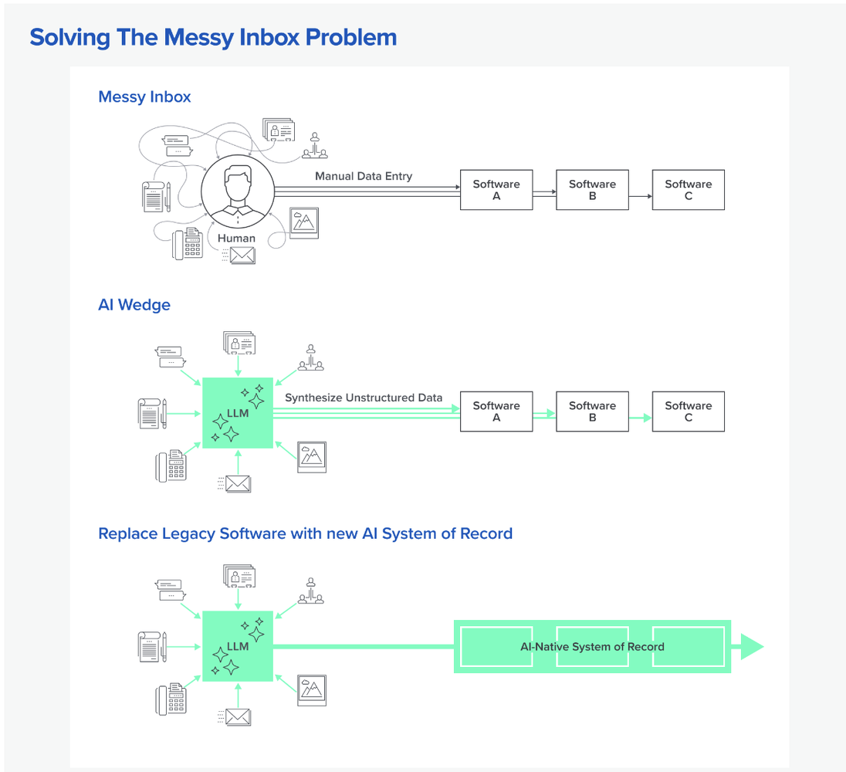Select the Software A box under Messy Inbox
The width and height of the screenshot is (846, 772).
[x=496, y=190]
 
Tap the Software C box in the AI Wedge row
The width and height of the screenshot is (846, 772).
[x=689, y=411]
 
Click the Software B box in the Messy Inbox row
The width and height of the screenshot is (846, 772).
[x=592, y=190]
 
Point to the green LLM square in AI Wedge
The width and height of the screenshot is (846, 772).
[x=238, y=413]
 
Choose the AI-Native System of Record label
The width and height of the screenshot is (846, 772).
[x=592, y=646]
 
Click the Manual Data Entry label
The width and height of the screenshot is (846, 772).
[x=364, y=176]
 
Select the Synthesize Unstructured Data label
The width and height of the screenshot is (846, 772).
[x=364, y=398]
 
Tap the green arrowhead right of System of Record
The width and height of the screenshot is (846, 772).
[x=750, y=646]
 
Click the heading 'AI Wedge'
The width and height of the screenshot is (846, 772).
[x=134, y=305]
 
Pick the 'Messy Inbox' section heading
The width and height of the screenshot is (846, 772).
[x=144, y=97]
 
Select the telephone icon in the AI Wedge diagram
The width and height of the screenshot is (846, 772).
[x=171, y=466]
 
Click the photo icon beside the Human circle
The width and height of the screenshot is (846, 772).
[x=303, y=222]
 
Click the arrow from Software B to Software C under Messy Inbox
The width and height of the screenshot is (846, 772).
[x=640, y=196]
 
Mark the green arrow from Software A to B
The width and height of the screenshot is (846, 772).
[x=544, y=414]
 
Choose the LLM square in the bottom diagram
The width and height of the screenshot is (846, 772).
[x=238, y=646]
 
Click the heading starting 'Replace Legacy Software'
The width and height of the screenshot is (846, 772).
[x=305, y=533]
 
